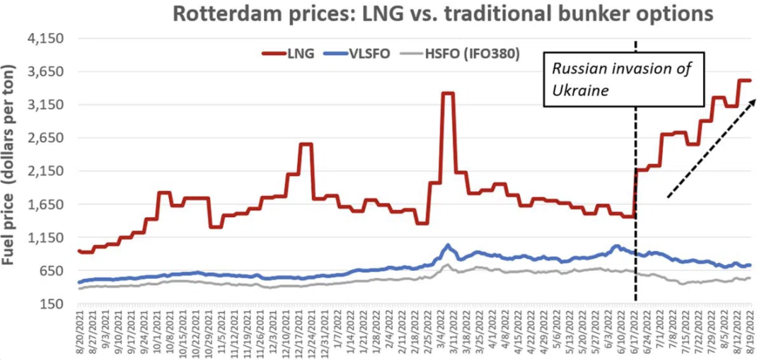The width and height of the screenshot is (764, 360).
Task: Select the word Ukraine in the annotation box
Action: pyautogui.click(x=580, y=91)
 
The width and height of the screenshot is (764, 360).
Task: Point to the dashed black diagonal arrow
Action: pyautogui.click(x=711, y=149)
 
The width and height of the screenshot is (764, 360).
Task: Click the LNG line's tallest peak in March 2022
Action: pyautogui.click(x=447, y=93)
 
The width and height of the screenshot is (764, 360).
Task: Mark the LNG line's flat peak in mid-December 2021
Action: pyautogui.click(x=306, y=144)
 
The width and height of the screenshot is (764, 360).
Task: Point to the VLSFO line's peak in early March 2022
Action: pyautogui.click(x=447, y=245)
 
